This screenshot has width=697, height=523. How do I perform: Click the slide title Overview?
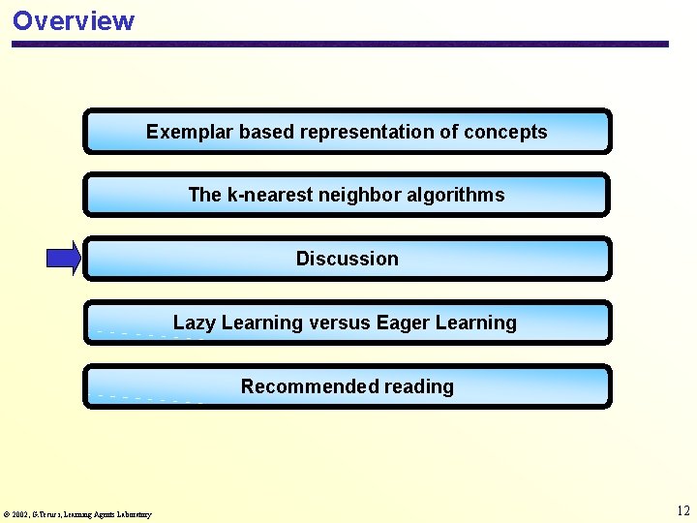pos(74,20)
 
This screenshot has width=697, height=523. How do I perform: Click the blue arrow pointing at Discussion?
pos(64,258)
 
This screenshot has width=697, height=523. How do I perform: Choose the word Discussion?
pos(347,259)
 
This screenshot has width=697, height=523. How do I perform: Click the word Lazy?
pos(194,323)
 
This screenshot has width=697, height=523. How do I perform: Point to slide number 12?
pos(682,510)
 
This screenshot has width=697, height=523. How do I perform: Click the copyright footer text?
pos(77,514)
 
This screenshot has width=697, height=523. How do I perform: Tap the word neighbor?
pos(357,195)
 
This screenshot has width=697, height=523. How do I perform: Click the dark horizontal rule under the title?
pos(339,44)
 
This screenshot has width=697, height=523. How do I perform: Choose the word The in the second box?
pos(204,195)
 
